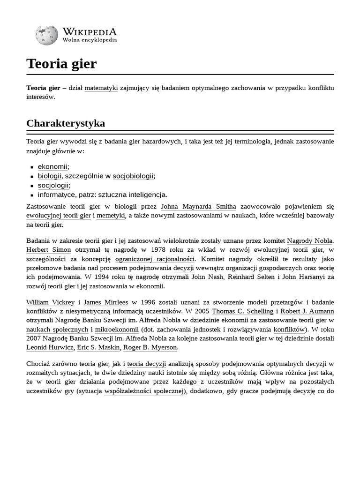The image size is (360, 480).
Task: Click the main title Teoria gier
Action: click(61, 64)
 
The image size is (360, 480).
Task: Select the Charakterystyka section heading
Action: click(66, 123)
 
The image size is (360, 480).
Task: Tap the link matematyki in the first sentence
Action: click(101, 88)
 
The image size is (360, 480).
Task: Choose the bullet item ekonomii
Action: click(53, 166)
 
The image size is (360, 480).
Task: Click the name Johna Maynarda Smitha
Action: click(198, 206)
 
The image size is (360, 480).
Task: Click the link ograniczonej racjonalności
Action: click(155, 258)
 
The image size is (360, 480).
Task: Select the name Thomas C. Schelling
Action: click(241, 312)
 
